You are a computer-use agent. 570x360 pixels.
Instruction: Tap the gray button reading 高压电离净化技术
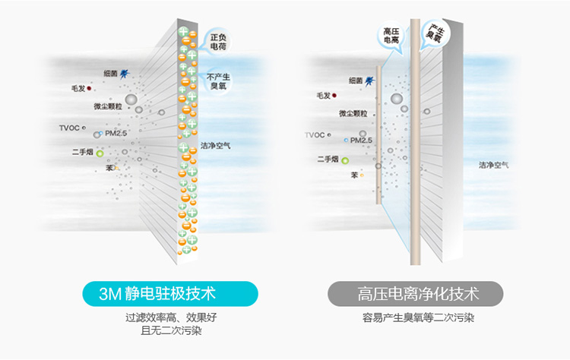pyautogui.click(x=416, y=293)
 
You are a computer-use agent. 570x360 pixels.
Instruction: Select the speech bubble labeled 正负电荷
pyautogui.click(x=217, y=40)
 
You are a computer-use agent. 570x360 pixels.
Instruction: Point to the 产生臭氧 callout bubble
pyautogui.click(x=436, y=32)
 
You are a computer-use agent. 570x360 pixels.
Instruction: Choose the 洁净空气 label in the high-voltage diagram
pyautogui.click(x=494, y=165)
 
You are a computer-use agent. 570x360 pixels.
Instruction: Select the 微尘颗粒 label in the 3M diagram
pyautogui.click(x=108, y=107)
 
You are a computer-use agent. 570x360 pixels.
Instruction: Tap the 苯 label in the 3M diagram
pyautogui.click(x=109, y=167)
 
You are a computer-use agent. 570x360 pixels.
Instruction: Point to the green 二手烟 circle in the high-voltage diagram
pyautogui.click(x=344, y=160)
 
